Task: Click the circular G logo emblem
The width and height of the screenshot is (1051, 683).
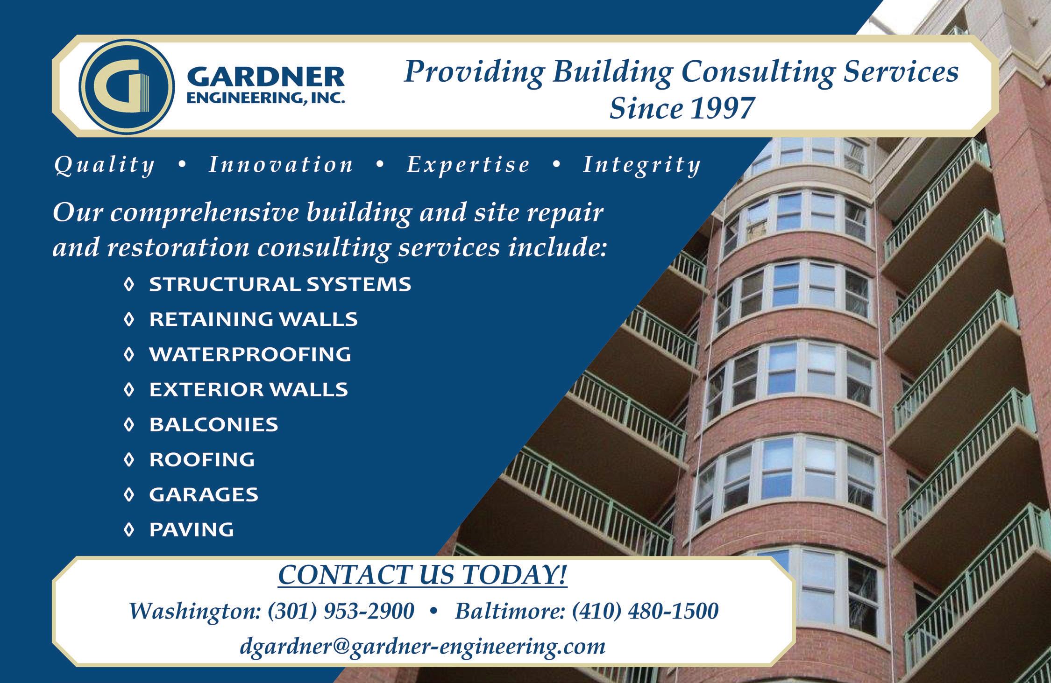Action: pos(127,86)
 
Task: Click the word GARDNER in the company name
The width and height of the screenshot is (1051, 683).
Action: pos(266,77)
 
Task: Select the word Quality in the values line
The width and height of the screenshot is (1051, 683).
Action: pos(104,165)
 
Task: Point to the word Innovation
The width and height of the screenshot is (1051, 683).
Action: pos(281,164)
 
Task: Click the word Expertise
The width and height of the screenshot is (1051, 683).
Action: pos(468,165)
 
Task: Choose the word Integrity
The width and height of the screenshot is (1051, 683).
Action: pos(642,165)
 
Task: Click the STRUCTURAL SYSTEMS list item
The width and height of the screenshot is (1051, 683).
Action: pos(280,284)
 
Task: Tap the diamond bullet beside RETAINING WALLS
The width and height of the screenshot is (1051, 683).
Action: pos(129,319)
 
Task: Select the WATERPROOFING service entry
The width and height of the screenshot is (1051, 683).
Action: pos(250,354)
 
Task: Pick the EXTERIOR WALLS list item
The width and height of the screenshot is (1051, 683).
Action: pos(249,389)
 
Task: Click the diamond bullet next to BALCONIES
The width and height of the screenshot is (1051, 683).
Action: pos(129,424)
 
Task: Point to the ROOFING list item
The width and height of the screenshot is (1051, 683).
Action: pos(202,459)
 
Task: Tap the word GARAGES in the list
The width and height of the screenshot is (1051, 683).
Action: pos(204,494)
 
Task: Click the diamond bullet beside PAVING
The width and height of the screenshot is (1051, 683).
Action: pos(129,529)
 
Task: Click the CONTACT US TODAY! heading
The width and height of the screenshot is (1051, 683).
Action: pos(423,575)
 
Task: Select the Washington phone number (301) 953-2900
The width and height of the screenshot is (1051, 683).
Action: pos(341,611)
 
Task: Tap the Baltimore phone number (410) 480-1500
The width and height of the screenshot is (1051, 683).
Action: pos(645,611)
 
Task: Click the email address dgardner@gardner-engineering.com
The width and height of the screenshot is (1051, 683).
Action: pos(423,647)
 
